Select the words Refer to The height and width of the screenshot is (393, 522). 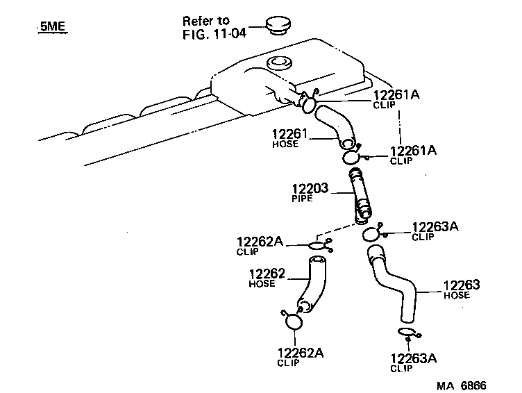pos(205,21)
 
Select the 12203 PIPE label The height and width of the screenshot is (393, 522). pos(312,191)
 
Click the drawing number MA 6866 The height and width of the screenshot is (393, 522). pos(460,384)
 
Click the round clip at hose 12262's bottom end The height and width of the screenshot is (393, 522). pos(292,321)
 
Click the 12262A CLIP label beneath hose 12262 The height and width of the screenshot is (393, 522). pos(300,356)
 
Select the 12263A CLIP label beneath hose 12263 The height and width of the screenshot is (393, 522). pos(414,362)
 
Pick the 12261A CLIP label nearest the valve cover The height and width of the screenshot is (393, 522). pos(396,100)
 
